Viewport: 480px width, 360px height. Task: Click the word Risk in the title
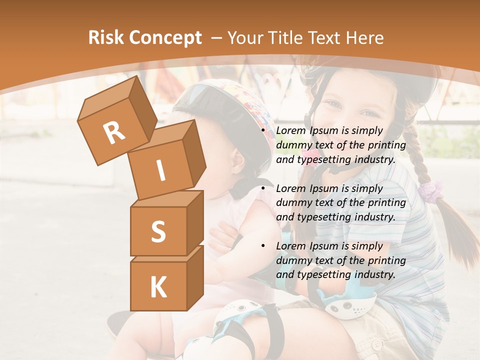tap(105, 38)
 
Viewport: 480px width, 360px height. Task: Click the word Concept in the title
tap(165, 38)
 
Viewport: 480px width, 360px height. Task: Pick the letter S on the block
tap(158, 231)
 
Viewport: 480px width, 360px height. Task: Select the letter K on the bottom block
tap(158, 287)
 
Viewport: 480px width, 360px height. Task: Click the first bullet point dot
tap(263, 131)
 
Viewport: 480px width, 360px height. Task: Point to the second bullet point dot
tap(263, 189)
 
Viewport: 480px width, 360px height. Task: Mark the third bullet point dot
tap(263, 246)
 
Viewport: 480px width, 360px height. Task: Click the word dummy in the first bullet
tap(294, 145)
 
